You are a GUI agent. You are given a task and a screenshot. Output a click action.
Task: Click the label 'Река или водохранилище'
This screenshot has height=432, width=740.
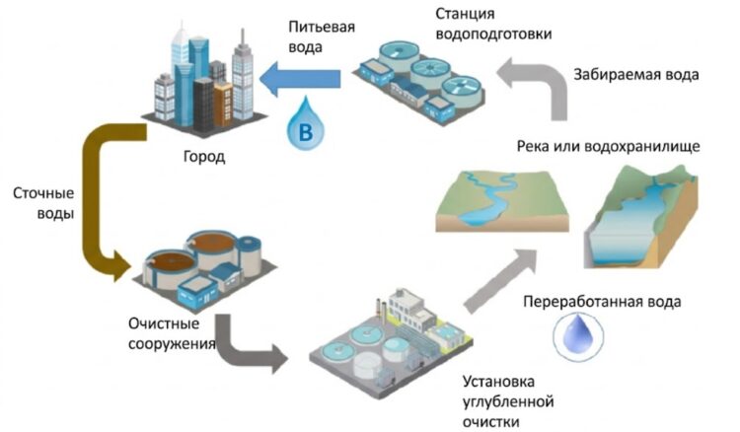coord(608,147)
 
